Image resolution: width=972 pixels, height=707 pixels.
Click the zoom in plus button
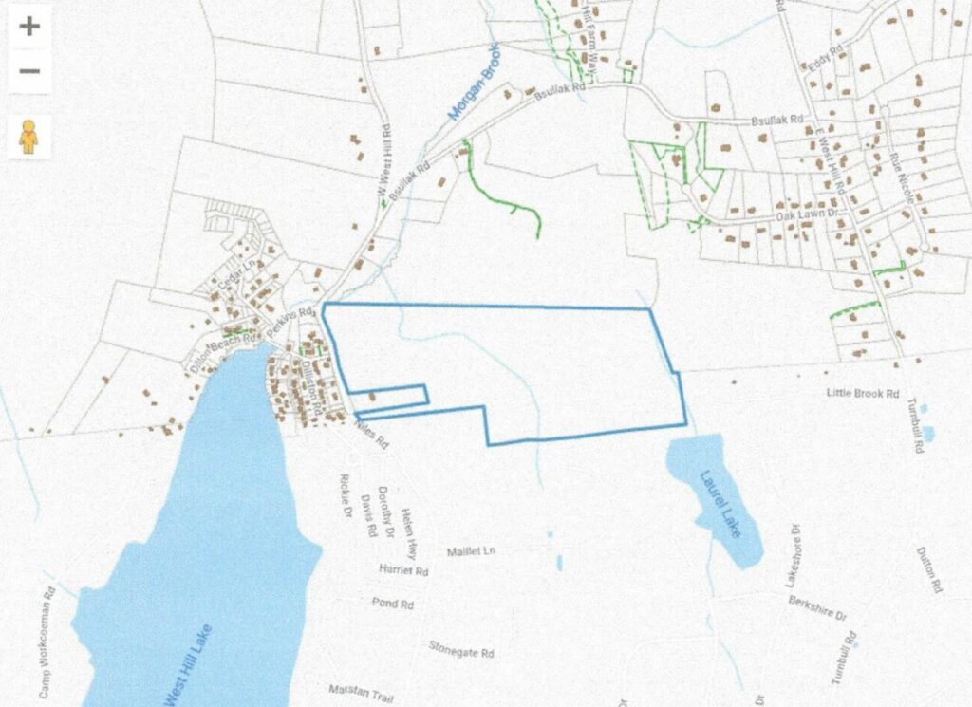point(29,26)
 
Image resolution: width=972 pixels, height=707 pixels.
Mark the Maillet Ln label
point(471,551)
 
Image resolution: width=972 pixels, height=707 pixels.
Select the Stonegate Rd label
point(461,653)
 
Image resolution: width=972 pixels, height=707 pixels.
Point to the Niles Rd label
point(370,436)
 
